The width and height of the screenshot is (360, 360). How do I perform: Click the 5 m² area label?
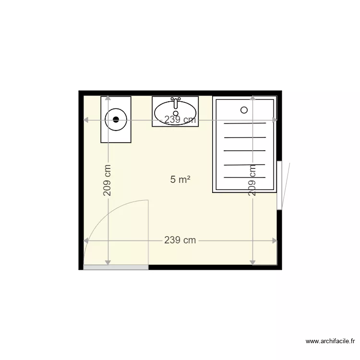pos(180,180)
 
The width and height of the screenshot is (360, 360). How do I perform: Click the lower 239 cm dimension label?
pos(180,240)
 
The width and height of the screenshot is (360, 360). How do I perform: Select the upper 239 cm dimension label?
pos(180,120)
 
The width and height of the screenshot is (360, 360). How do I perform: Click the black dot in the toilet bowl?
pos(116,120)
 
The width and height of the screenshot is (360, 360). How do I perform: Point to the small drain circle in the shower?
pos(244,110)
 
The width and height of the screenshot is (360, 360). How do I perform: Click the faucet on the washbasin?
pos(176,102)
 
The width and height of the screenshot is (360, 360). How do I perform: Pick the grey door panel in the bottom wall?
pos(116,267)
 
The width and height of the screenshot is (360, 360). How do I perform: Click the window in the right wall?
pos(279,185)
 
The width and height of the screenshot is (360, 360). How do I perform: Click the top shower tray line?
pos(245,123)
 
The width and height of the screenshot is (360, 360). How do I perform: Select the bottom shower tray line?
pos(245,177)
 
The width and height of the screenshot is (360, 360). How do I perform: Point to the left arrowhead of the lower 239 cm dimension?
pos(86,240)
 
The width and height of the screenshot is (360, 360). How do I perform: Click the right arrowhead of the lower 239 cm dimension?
pos(275,240)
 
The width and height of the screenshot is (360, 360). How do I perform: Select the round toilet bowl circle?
pos(116,120)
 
